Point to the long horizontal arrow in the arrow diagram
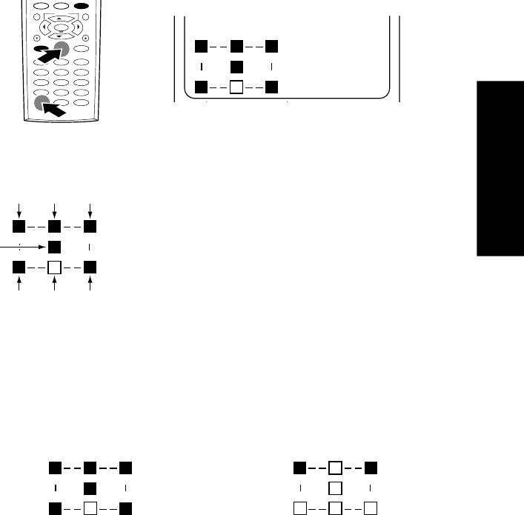point(22,245)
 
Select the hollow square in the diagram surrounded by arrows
point(55,265)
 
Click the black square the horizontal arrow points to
point(55,245)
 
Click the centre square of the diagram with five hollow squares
point(334,488)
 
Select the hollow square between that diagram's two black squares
point(334,468)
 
